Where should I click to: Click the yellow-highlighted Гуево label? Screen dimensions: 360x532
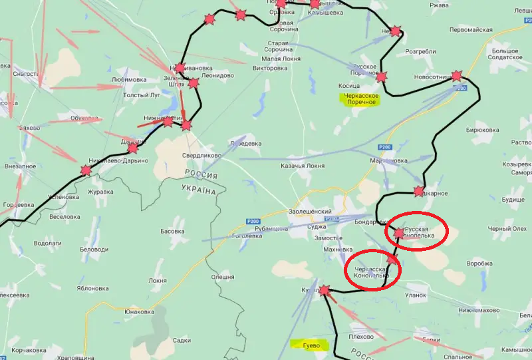point(307,345)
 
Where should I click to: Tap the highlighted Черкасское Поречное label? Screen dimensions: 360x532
point(359,98)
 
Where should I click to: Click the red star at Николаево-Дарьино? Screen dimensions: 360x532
point(86,170)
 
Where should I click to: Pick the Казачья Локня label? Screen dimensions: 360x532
point(303,165)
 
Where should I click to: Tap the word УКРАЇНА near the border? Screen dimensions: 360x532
point(199,190)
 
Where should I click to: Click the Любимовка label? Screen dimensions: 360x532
point(129,79)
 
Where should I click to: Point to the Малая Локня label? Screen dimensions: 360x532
point(271,59)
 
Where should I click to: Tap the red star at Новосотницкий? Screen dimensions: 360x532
point(456,76)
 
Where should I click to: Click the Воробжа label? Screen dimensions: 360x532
point(479,263)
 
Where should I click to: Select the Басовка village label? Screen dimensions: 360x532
point(172,232)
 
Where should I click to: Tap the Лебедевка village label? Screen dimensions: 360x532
point(245,143)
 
